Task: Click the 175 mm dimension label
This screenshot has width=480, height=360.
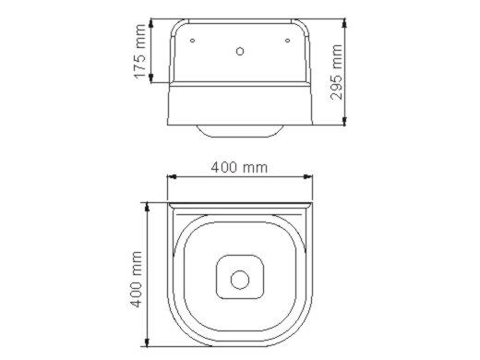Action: coord(140,52)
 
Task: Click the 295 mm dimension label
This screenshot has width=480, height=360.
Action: coord(336,72)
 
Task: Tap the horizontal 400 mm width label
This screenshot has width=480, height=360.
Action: coord(239,168)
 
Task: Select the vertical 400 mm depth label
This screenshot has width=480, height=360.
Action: coord(137,280)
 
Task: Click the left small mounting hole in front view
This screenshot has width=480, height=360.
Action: coord(193,41)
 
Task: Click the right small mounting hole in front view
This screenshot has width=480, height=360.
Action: coord(287,41)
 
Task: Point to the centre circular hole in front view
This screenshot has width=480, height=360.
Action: coord(240,51)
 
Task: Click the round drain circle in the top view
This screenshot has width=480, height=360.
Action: coord(240,280)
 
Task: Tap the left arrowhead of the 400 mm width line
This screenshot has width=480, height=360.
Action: coord(172,176)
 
